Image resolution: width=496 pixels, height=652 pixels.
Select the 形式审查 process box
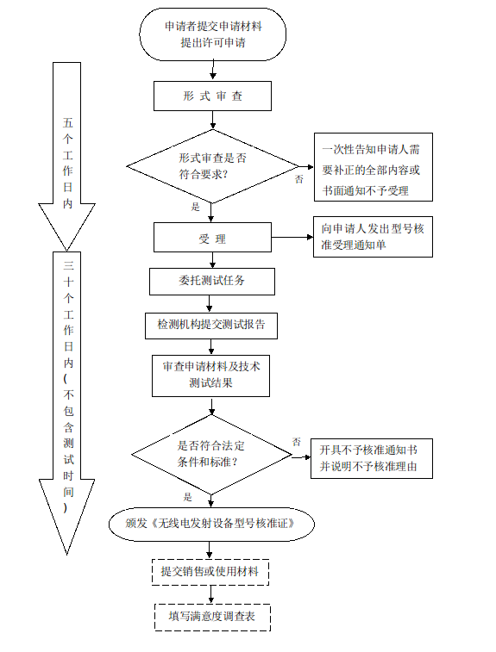coord(212,96)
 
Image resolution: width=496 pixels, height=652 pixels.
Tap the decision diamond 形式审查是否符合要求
coord(212,165)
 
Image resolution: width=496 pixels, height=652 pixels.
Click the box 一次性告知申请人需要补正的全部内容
coord(372,169)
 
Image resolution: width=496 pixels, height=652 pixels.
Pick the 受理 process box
coord(212,239)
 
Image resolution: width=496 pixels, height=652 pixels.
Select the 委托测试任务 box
coord(212,282)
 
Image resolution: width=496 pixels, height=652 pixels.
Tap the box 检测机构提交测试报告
coord(212,325)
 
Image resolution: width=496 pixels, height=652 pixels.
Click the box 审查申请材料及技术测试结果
coord(212,375)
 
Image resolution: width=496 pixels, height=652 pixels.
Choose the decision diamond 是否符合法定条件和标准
coord(212,453)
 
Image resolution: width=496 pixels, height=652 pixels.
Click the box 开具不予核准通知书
coord(370,457)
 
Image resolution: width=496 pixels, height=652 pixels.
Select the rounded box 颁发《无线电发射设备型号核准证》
coord(212,523)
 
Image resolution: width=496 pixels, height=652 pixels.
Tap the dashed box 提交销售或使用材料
coord(212,571)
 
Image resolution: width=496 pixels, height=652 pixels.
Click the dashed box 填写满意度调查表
coord(212,617)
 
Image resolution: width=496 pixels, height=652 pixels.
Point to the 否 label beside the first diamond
coord(298,179)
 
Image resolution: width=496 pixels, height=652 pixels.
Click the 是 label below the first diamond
coord(196,207)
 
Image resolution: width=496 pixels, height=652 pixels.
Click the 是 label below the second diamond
coord(188,497)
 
